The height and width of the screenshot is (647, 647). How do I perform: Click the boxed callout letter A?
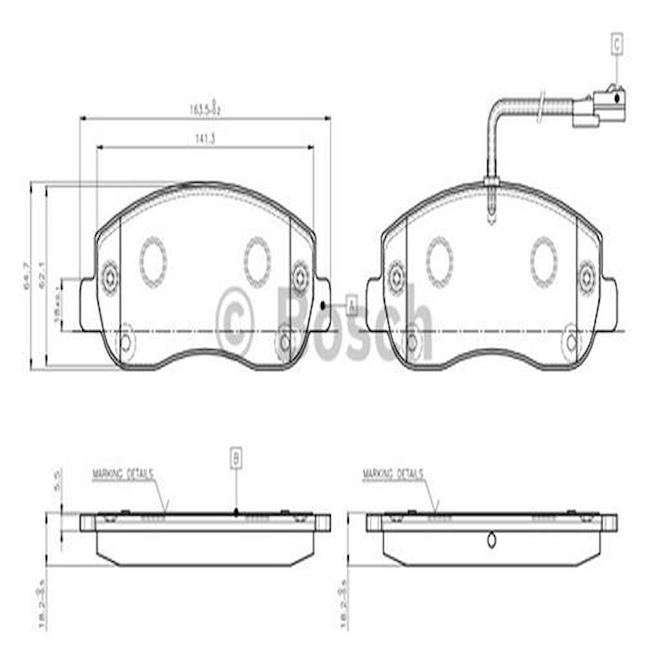351,304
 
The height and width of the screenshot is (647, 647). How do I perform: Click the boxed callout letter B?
236,457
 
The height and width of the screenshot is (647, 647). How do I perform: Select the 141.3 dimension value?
205,139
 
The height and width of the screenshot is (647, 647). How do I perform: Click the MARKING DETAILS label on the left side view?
122,474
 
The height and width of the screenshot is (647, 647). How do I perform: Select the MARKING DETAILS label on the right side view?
393,474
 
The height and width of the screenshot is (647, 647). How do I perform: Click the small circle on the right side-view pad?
492,540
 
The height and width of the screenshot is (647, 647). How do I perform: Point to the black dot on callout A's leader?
322,304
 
